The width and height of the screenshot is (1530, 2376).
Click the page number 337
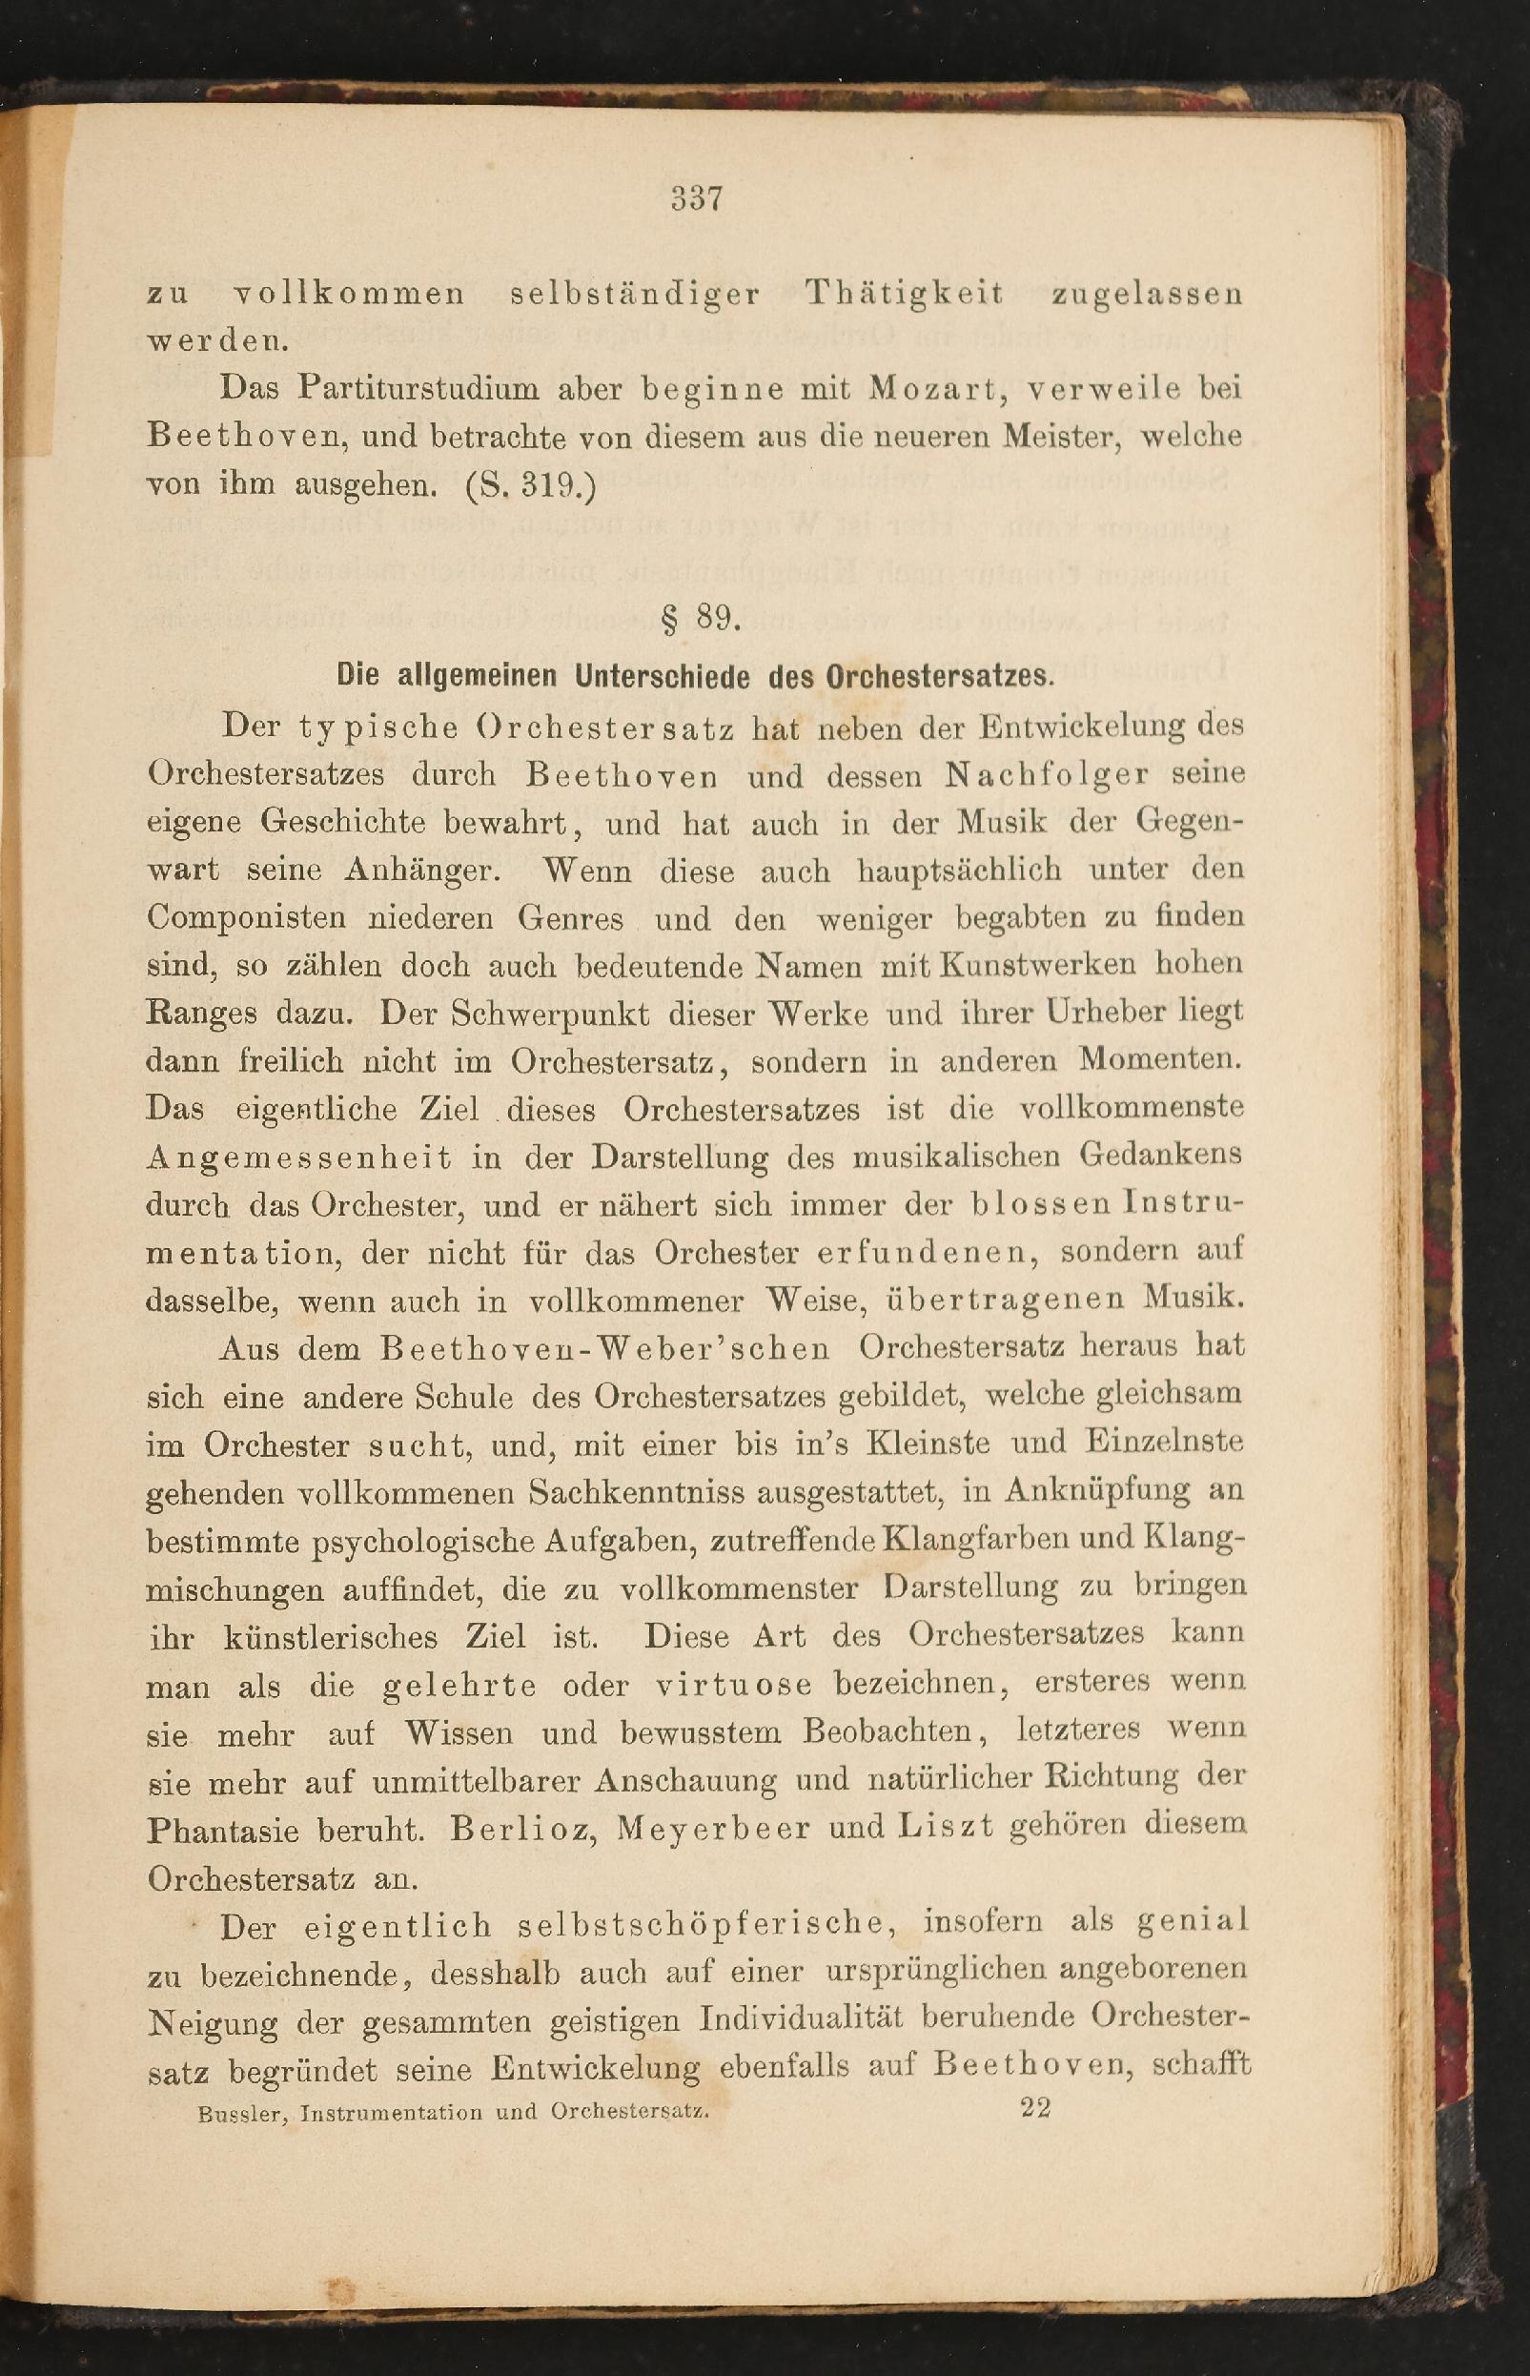(x=695, y=198)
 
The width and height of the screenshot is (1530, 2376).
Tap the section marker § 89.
(x=700, y=618)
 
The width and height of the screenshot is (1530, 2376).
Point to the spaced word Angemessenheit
(x=299, y=1157)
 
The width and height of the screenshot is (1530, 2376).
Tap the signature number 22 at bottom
(x=1035, y=2108)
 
